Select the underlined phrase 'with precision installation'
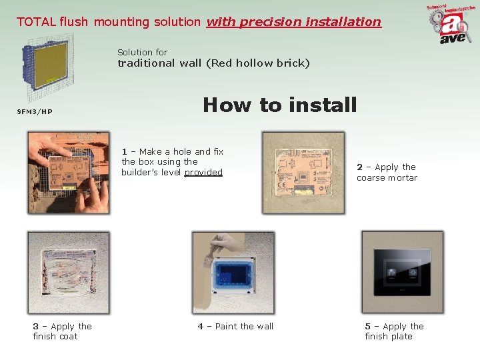coord(293,21)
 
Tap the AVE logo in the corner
coord(451,25)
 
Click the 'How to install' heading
coord(280,105)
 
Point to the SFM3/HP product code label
coord(35,111)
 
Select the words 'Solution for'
coord(142,52)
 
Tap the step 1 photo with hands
coord(69,172)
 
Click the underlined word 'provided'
coord(203,172)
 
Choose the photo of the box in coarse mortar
coord(303,172)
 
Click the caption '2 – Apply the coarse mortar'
coord(387,172)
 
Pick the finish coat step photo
coord(69,272)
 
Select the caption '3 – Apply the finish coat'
coord(63,331)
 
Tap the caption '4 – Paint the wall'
coord(235,326)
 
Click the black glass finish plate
coord(401,273)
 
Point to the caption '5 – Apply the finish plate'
coord(394,331)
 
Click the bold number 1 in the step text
coord(125,151)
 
